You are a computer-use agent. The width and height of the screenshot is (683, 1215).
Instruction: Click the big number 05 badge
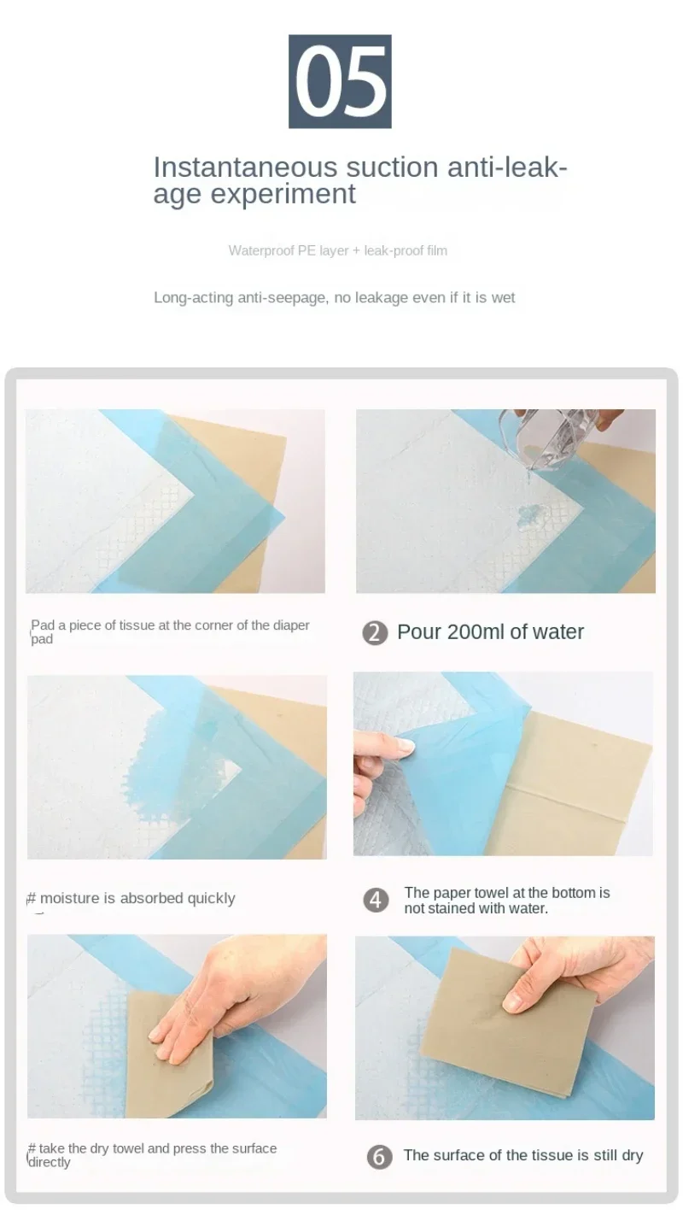340,81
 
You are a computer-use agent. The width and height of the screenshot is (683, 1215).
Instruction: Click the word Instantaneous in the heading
246,167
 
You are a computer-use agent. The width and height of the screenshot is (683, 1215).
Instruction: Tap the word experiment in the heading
283,194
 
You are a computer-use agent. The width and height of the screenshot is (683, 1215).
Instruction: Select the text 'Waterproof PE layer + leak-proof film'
338,250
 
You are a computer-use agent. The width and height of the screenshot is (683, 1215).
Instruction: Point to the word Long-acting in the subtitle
194,298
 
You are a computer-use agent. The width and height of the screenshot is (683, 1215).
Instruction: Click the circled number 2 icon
375,633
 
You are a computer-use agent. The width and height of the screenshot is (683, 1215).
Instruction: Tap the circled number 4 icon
376,901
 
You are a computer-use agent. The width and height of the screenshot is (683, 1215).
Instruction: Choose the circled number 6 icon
379,1156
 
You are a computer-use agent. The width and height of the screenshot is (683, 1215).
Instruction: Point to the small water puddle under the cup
528,515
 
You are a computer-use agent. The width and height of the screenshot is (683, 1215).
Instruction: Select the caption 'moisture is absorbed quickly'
137,898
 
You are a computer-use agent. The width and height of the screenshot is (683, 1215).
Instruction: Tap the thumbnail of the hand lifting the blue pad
503,764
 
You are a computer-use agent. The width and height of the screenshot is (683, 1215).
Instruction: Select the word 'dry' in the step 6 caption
632,1156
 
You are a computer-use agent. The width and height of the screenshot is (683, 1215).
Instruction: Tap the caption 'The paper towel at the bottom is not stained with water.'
507,901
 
